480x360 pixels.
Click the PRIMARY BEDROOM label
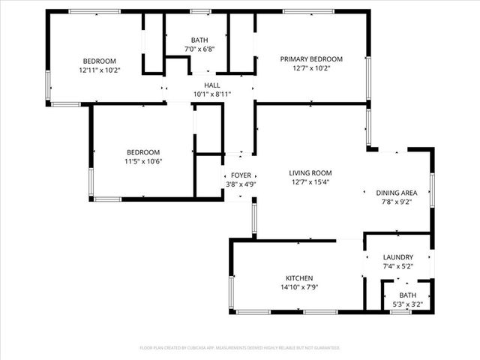tap(311, 59)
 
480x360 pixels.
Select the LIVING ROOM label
tap(310, 172)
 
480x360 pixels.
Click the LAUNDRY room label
tap(397, 257)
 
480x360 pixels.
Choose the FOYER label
tap(241, 175)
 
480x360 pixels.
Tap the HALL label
tap(212, 85)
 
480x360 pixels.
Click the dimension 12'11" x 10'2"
tap(100, 70)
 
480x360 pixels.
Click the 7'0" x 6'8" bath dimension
tap(199, 49)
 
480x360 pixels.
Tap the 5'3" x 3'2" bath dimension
tap(408, 304)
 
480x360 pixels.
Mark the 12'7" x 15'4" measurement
tap(310, 181)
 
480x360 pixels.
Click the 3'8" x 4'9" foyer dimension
tap(241, 184)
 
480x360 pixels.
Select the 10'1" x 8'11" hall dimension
tap(212, 94)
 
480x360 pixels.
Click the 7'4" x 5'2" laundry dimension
tap(397, 266)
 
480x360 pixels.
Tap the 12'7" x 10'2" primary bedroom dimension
tap(311, 68)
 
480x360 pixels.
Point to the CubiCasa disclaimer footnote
tap(240, 348)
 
